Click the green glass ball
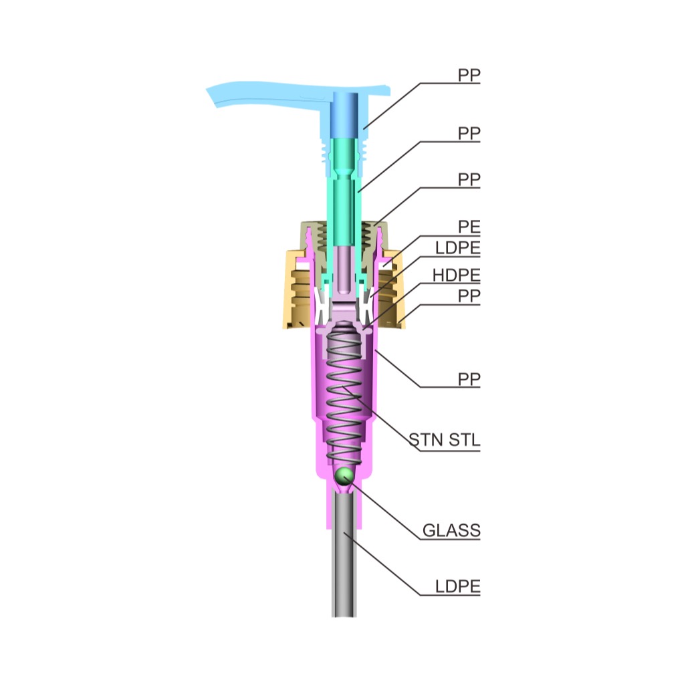tap(344, 475)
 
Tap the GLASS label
tap(451, 530)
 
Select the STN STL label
tap(445, 440)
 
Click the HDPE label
tap(456, 275)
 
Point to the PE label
tap(469, 227)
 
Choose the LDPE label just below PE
tap(457, 247)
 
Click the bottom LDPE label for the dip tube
tap(457, 586)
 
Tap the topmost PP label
tap(469, 76)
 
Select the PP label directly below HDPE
tap(469, 296)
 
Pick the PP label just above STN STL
tap(469, 379)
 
